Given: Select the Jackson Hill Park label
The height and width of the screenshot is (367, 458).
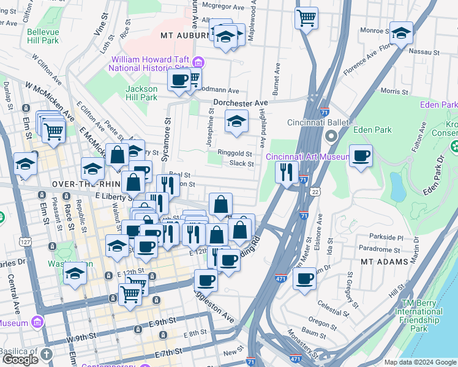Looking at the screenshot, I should click(141, 93).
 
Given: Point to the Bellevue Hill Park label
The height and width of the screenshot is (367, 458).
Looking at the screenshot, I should click(43, 35).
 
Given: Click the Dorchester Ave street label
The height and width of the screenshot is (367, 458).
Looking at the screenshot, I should click(241, 102).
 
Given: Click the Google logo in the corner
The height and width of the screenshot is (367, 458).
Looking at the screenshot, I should click(20, 359).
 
